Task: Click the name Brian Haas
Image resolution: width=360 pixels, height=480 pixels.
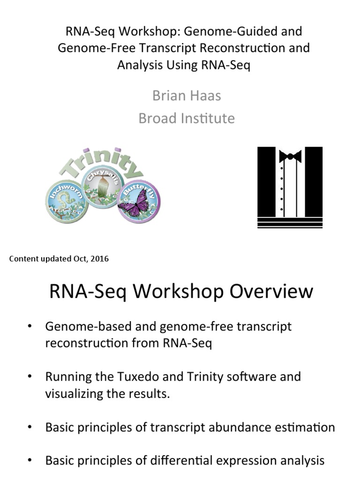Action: tap(187, 96)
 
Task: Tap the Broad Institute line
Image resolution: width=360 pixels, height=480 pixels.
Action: tap(187, 118)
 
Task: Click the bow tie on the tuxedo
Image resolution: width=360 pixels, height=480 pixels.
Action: tap(290, 156)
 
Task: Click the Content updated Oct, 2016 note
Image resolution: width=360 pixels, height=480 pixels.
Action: tap(59, 259)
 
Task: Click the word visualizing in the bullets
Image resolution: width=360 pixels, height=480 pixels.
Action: tap(75, 393)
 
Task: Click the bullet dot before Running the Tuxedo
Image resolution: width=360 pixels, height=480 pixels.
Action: tap(30, 376)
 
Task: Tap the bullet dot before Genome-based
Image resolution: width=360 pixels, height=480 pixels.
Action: tap(30, 326)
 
